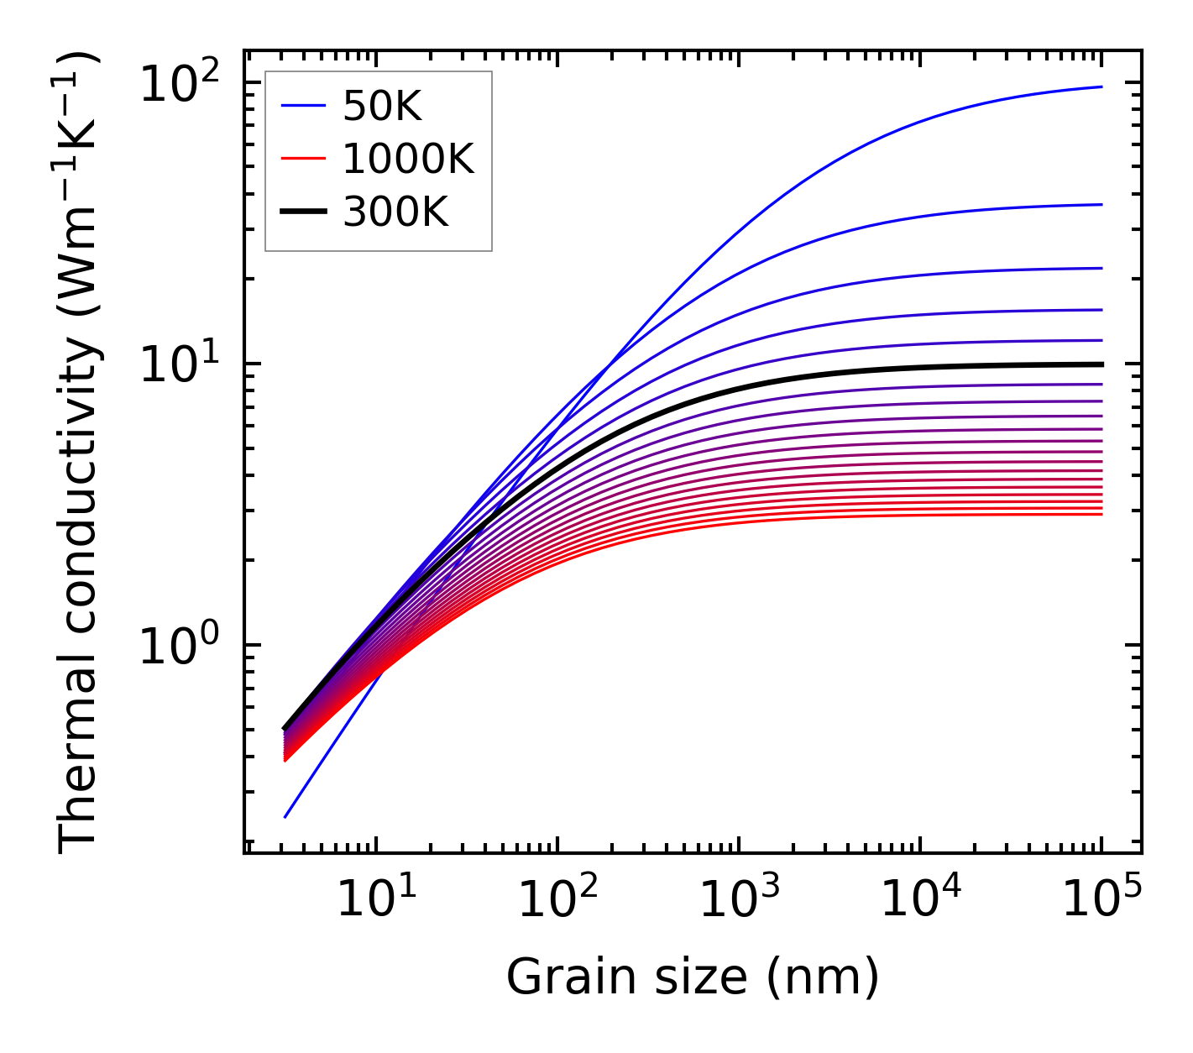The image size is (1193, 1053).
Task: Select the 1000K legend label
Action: tap(408, 159)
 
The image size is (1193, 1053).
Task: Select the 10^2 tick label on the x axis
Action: tap(557, 900)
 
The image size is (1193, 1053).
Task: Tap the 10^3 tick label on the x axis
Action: tap(738, 900)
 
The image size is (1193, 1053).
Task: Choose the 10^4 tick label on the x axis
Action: tap(919, 900)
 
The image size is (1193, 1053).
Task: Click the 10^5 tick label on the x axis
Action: tap(1101, 900)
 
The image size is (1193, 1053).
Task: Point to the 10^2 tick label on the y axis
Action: tap(177, 85)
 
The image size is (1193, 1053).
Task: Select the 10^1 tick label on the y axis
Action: tap(177, 366)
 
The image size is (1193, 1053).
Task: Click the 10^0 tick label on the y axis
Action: tap(177, 647)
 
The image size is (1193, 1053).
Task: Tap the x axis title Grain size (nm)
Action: tap(693, 977)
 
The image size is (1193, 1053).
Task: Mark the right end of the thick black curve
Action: tap(1101, 364)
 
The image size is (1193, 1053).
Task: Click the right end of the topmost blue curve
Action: tap(1101, 86)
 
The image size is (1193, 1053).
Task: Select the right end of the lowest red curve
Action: tap(1101, 514)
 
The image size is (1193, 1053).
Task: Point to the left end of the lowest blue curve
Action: tap(286, 816)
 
